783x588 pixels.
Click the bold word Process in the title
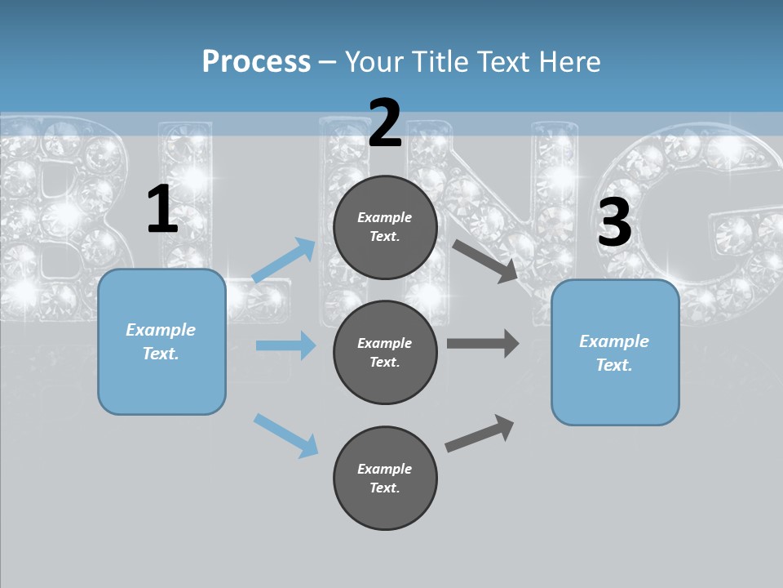[x=256, y=61]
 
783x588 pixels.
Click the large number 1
[x=162, y=210]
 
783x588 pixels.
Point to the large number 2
[x=385, y=123]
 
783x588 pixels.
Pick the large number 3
[x=614, y=223]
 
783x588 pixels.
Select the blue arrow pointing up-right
[x=284, y=261]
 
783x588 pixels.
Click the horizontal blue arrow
[x=285, y=345]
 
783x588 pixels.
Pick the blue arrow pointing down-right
[x=285, y=434]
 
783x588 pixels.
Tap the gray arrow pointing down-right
[x=485, y=261]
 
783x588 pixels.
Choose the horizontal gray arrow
[x=483, y=344]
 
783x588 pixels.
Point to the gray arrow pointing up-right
[x=480, y=433]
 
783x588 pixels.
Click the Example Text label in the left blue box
[x=161, y=341]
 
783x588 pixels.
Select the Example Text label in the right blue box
[x=614, y=353]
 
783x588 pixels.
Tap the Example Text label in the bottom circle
[x=385, y=478]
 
